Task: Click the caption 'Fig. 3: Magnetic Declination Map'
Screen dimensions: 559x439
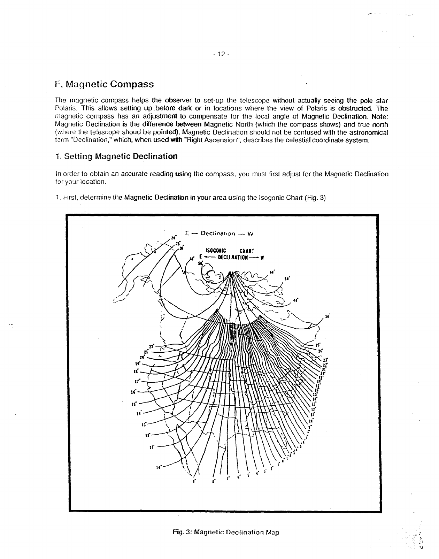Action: pos(226,532)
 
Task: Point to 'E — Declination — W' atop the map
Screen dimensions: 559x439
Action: pos(219,233)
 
